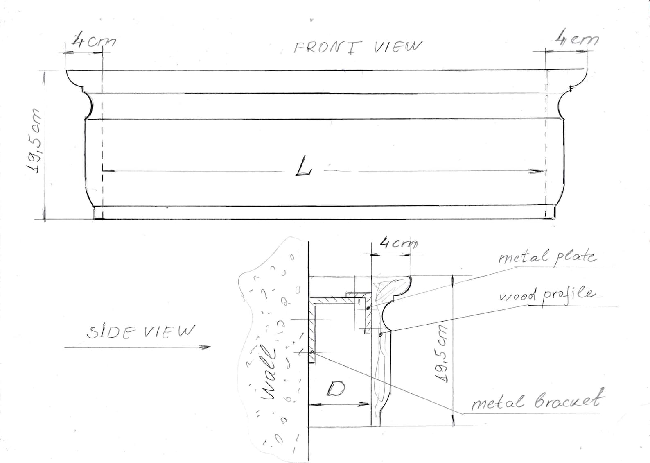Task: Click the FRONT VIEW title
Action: tap(358, 48)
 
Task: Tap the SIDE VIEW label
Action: tap(140, 332)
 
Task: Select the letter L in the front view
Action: tap(303, 166)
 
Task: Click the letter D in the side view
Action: tap(336, 389)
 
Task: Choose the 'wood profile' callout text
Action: tap(547, 296)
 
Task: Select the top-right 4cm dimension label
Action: tap(577, 39)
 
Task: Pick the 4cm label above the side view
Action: tap(399, 243)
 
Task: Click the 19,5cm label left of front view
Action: tap(34, 142)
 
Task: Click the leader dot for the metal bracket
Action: tap(312, 352)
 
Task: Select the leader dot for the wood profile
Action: tap(381, 334)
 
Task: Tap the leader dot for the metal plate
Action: tap(368, 308)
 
